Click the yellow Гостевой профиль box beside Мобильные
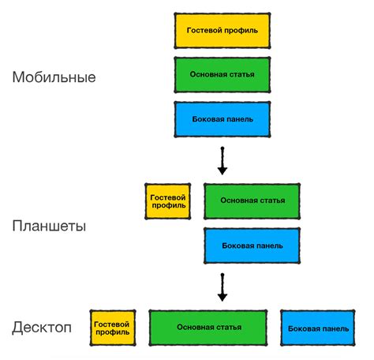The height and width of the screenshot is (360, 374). pyautogui.click(x=222, y=30)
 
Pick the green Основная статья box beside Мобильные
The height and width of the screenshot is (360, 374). pyautogui.click(x=222, y=74)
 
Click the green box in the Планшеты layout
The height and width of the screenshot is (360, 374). pyautogui.click(x=252, y=201)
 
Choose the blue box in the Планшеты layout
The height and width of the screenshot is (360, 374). pyautogui.click(x=252, y=245)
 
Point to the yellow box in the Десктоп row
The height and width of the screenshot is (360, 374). pyautogui.click(x=114, y=327)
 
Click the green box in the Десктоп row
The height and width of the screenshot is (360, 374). pyautogui.click(x=208, y=327)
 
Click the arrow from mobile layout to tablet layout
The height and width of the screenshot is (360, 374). pyautogui.click(x=222, y=160)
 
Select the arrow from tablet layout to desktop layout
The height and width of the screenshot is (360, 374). pyautogui.click(x=222, y=286)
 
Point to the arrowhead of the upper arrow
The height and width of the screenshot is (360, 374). pyautogui.click(x=222, y=170)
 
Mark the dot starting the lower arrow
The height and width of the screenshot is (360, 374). pyautogui.click(x=222, y=272)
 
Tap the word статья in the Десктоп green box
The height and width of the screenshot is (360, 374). pyautogui.click(x=227, y=327)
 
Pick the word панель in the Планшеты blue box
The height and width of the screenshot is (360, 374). pyautogui.click(x=271, y=245)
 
